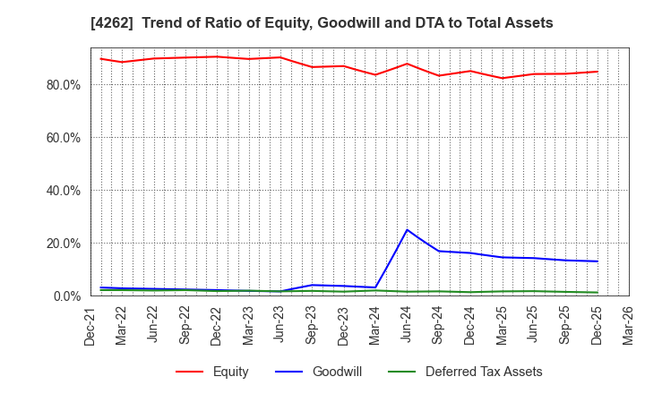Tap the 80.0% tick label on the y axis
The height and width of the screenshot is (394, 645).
tap(62, 85)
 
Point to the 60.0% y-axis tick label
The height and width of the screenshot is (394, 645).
tap(62, 138)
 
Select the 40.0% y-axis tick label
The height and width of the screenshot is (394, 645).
tap(62, 191)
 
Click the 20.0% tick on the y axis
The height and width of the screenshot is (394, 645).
tap(62, 244)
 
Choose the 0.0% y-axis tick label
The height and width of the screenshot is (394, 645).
tap(65, 296)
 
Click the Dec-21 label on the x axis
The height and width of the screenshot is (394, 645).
tap(90, 328)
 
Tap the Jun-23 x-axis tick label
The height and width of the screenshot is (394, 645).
tap(280, 328)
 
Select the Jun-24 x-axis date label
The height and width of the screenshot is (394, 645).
tap(408, 328)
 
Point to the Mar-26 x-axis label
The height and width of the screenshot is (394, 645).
tap(629, 328)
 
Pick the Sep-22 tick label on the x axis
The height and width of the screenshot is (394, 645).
tap(185, 328)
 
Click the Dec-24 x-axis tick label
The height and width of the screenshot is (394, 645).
tap(470, 328)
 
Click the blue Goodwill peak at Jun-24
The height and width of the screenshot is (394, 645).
tap(408, 230)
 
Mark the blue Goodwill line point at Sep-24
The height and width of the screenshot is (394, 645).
tap(439, 251)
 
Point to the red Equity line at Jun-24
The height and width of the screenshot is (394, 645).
tap(408, 64)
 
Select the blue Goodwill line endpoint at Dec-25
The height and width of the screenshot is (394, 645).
tap(598, 261)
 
